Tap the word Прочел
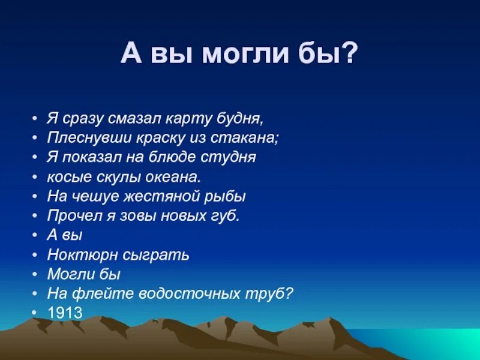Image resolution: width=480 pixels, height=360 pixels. point(68,215)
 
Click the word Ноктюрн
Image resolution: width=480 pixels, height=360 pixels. point(73,254)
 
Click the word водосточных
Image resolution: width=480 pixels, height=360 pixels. point(187,293)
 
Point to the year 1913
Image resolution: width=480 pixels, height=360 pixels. point(65,313)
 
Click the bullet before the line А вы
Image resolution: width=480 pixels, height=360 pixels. point(36,235)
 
